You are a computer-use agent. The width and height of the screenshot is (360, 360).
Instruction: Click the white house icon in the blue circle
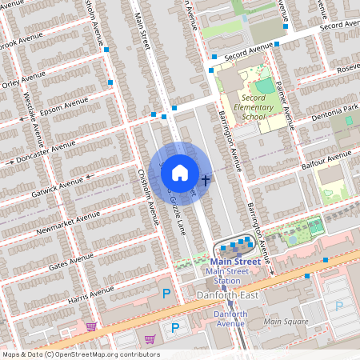(180, 172)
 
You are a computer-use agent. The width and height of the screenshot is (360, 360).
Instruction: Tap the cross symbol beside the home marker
(206, 181)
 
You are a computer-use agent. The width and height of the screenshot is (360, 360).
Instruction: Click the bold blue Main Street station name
(234, 261)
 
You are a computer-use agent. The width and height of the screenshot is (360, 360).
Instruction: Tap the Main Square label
(285, 322)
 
